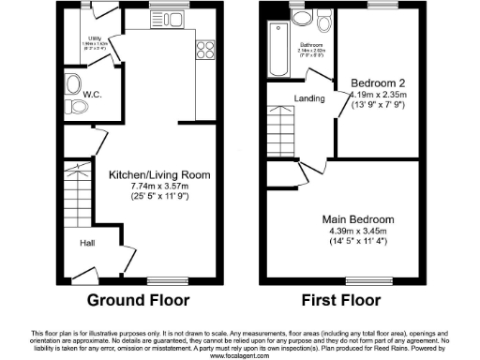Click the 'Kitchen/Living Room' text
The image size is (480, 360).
tap(159, 175)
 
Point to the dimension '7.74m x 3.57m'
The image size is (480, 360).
tap(159, 187)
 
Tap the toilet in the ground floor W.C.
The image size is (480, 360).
tap(75, 87)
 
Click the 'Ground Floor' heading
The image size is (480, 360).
tap(138, 301)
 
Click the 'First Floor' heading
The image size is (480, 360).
tap(341, 301)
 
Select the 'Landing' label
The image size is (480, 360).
tap(308, 97)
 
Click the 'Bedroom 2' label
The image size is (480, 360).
tap(376, 82)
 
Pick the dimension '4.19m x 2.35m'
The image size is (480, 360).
tap(377, 94)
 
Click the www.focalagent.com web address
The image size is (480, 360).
tap(240, 356)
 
